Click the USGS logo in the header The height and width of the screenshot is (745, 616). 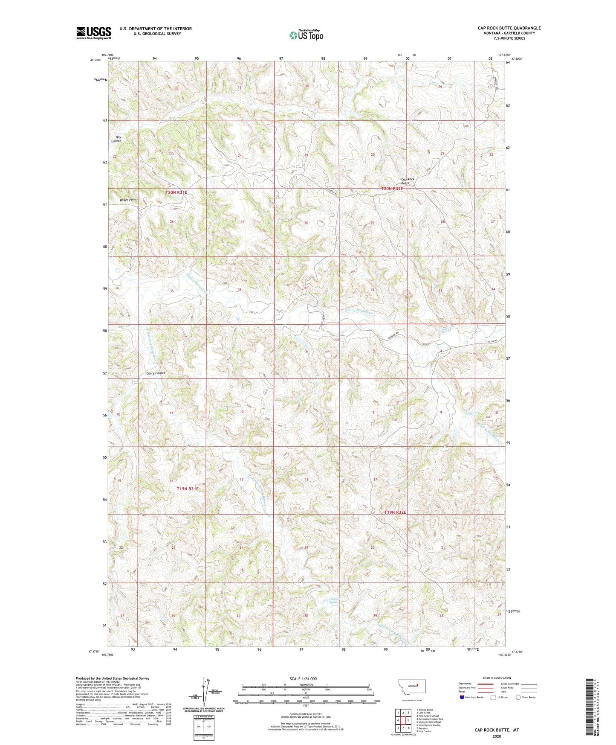93,33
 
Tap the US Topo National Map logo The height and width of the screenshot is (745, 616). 306,35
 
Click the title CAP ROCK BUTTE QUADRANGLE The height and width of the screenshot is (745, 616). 509,28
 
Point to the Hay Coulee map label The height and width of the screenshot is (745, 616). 116,139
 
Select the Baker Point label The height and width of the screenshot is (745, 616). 128,200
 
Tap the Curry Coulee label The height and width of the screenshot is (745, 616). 156,373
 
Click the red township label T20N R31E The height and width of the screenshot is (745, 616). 176,192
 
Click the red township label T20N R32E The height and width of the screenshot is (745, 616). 392,188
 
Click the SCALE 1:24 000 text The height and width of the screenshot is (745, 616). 303,678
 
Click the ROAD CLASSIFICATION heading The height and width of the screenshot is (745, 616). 497,678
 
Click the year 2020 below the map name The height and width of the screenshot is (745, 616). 497,736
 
